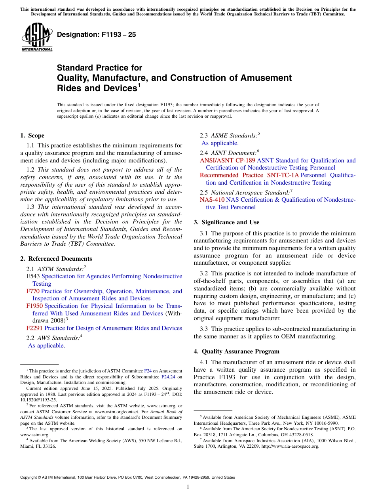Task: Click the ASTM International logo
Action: click(x=37, y=38)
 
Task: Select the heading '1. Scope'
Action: click(x=32, y=136)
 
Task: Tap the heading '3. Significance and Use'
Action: click(x=227, y=222)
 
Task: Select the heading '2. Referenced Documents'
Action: click(x=51, y=259)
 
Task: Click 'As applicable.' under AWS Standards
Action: click(x=46, y=346)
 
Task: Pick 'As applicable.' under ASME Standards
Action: click(x=220, y=143)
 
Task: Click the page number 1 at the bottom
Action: click(x=188, y=487)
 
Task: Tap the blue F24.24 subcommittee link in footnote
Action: click(x=168, y=377)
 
